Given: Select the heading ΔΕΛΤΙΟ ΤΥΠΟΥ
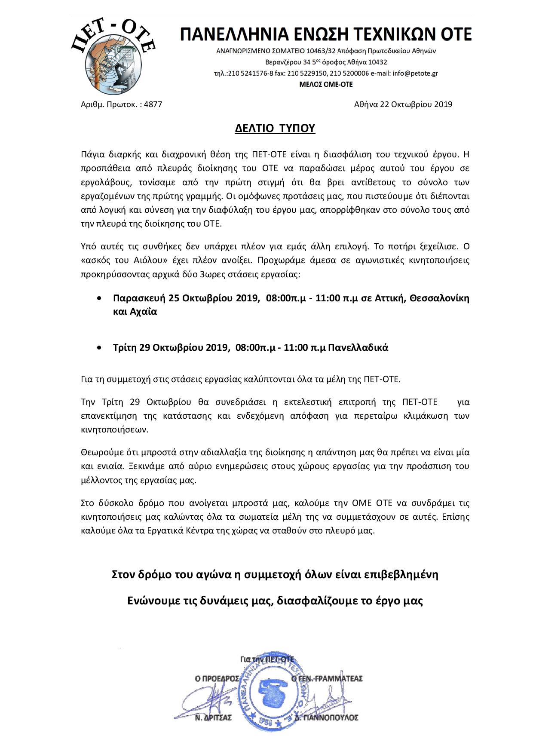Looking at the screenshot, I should pyautogui.click(x=275, y=129).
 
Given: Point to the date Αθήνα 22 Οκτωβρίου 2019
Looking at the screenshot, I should pyautogui.click(x=403, y=104).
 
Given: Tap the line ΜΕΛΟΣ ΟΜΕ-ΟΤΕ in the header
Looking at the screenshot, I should pyautogui.click(x=326, y=85).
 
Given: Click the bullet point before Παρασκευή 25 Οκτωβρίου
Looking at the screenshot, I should pyautogui.click(x=100, y=297).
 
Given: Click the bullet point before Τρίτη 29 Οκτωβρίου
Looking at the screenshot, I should pyautogui.click(x=100, y=347).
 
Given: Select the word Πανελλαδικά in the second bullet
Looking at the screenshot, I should pyautogui.click(x=358, y=348).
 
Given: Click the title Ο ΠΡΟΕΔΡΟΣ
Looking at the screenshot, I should pyautogui.click(x=217, y=679).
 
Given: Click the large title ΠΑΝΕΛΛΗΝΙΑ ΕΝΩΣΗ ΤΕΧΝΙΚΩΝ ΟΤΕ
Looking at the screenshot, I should pyautogui.click(x=325, y=34).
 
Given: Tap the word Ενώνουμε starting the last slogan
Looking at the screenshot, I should pyautogui.click(x=151, y=601).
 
